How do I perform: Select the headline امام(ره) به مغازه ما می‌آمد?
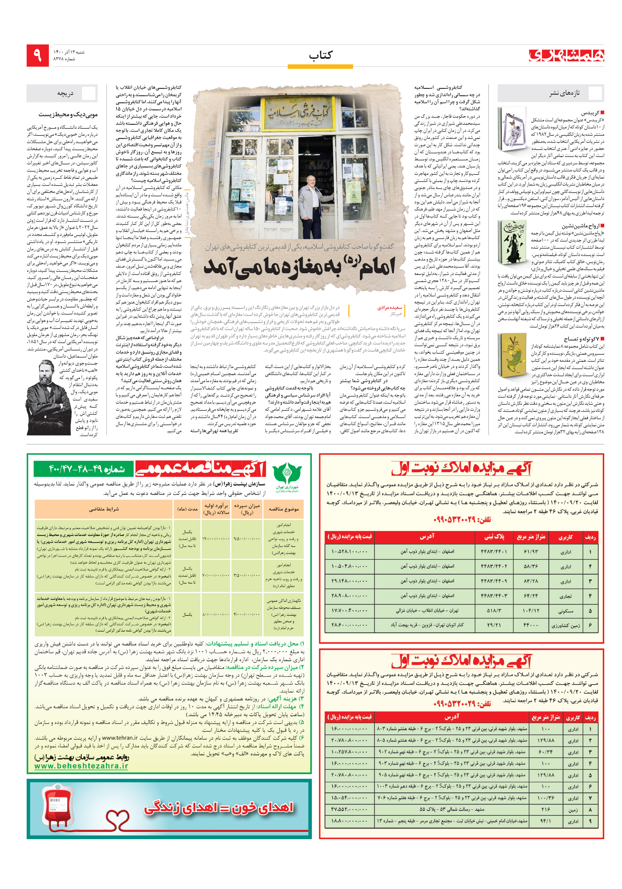(x=299, y=267)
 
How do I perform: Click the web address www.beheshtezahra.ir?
(x=81, y=766)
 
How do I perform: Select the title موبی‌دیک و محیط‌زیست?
(x=68, y=115)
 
